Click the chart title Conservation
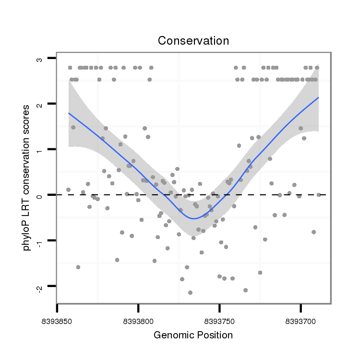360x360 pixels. point(193,41)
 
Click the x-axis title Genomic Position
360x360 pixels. point(193,335)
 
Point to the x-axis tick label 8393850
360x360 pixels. point(57,318)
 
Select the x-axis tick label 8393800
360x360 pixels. point(138,318)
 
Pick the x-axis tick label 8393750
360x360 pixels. point(219,318)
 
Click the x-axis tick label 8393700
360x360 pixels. point(300,318)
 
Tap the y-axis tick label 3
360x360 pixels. point(39,60)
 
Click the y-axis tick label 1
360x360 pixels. point(39,150)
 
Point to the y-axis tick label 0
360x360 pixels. point(39,195)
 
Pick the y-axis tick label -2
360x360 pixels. point(39,287)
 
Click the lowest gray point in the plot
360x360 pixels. point(190,292)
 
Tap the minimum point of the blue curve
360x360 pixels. point(193,218)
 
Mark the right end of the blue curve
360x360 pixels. point(318,97)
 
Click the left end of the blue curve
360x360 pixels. point(69,113)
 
